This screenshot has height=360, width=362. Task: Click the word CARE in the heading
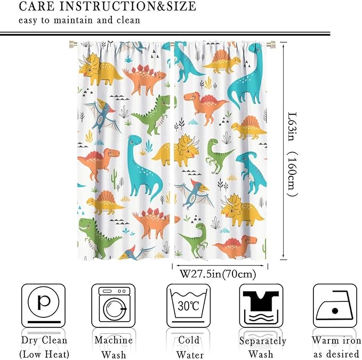click(x=38, y=7)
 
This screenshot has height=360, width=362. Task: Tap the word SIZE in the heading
click(x=178, y=7)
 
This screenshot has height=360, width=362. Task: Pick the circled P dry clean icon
click(x=44, y=305)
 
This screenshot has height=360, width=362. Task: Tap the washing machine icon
click(x=113, y=305)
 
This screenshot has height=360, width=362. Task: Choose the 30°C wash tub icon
click(x=188, y=306)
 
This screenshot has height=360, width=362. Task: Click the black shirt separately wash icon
click(x=261, y=305)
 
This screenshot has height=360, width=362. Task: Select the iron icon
click(x=334, y=306)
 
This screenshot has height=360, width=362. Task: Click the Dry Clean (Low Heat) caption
click(x=44, y=347)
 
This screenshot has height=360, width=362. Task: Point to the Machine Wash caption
click(x=113, y=347)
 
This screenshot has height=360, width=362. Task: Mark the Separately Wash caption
click(x=262, y=347)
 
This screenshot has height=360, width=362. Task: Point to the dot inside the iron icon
click(x=335, y=310)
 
